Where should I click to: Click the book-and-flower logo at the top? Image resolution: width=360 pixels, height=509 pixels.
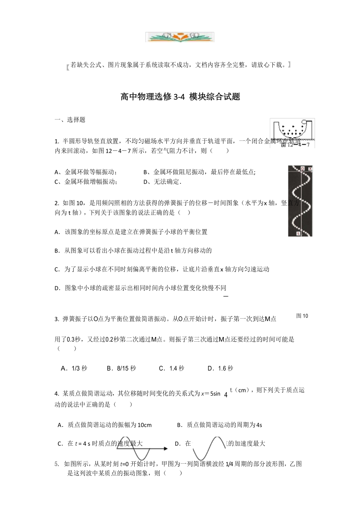pyautogui.click(x=180, y=37)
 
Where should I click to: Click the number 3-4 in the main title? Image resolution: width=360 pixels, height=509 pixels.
pyautogui.click(x=178, y=97)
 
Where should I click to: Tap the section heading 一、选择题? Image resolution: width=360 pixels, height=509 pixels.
pyautogui.click(x=70, y=120)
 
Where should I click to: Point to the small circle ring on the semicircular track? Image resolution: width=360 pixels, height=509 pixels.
pyautogui.click(x=303, y=122)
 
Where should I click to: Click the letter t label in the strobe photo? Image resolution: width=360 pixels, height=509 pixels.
pyautogui.click(x=298, y=233)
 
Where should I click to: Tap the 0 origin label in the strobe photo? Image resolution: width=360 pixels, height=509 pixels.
pyautogui.click(x=302, y=169)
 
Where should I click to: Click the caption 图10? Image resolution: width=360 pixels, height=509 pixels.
pyautogui.click(x=302, y=316)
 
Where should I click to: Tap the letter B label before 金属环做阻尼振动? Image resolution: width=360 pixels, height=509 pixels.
pyautogui.click(x=146, y=172)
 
